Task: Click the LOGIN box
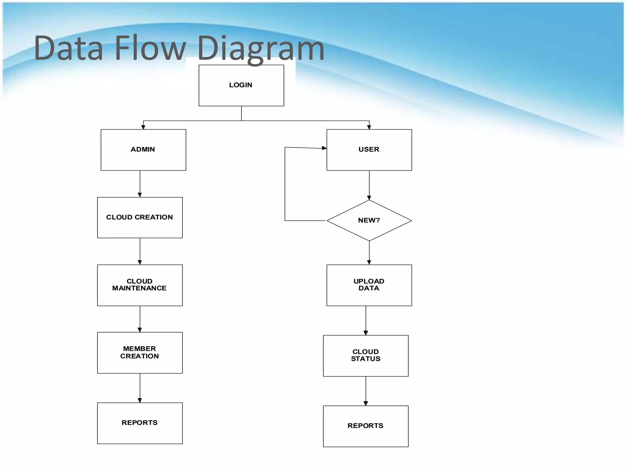[241, 85]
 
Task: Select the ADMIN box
[143, 150]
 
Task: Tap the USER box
[369, 150]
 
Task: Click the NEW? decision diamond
[369, 220]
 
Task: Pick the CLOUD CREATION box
[140, 217]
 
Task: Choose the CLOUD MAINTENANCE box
[140, 285]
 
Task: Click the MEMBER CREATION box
[140, 353]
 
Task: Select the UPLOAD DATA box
[369, 285]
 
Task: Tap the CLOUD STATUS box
[366, 356]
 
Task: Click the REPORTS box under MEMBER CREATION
[140, 423]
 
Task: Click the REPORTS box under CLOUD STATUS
[366, 426]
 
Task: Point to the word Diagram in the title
[260, 49]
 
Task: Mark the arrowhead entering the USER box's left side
[324, 148]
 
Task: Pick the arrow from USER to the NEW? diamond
[369, 185]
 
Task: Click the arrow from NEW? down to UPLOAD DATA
[369, 253]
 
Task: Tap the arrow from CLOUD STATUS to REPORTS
[366, 391]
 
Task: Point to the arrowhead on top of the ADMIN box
[143, 127]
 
